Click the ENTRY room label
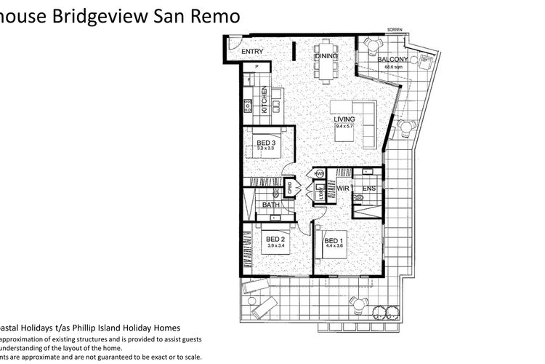(252, 52)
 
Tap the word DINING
(326, 56)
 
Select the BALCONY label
(393, 61)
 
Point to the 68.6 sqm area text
(393, 68)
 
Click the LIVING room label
(344, 120)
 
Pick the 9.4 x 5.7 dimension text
(344, 127)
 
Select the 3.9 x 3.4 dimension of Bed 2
(277, 246)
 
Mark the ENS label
(369, 188)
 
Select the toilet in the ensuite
(358, 197)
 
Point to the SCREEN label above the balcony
(394, 31)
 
